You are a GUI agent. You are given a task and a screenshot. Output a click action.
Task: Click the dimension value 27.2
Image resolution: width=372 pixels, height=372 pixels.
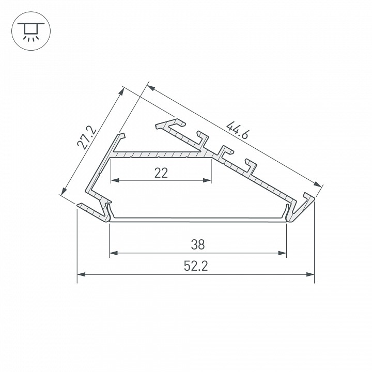87,138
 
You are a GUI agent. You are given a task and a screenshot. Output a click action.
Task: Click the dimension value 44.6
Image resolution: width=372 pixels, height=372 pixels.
237,130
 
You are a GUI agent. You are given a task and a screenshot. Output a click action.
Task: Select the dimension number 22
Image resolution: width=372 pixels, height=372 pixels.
161,173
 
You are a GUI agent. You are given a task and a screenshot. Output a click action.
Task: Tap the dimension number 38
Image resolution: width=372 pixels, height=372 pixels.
197,244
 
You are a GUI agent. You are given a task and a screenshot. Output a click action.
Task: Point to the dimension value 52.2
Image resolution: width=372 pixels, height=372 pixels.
196,266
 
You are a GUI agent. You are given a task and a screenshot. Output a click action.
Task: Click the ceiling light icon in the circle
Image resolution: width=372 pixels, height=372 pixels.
31,32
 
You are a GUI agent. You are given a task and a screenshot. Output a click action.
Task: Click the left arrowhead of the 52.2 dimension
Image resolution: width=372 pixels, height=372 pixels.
82,274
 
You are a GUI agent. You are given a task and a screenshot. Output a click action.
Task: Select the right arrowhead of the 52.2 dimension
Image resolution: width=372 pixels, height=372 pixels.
310,274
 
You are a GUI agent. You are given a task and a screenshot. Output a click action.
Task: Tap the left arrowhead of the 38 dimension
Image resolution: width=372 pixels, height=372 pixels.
114,253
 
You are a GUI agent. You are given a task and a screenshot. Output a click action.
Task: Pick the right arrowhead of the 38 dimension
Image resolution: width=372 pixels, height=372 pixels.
282,253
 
